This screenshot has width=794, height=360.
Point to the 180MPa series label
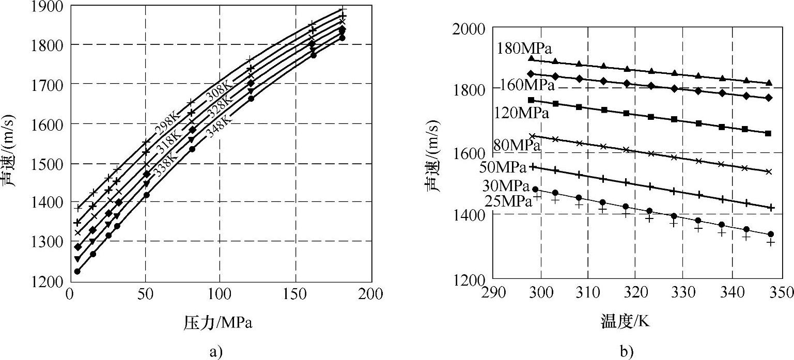coord(525,49)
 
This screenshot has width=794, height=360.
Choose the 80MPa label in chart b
coord(517,145)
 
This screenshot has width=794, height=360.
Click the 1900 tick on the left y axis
coord(49,6)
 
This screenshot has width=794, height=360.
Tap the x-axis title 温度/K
coord(625,322)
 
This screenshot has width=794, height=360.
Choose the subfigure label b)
coord(627,352)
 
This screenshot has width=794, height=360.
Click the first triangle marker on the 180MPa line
coord(532,58)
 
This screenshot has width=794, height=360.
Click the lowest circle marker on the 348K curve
coord(77,271)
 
